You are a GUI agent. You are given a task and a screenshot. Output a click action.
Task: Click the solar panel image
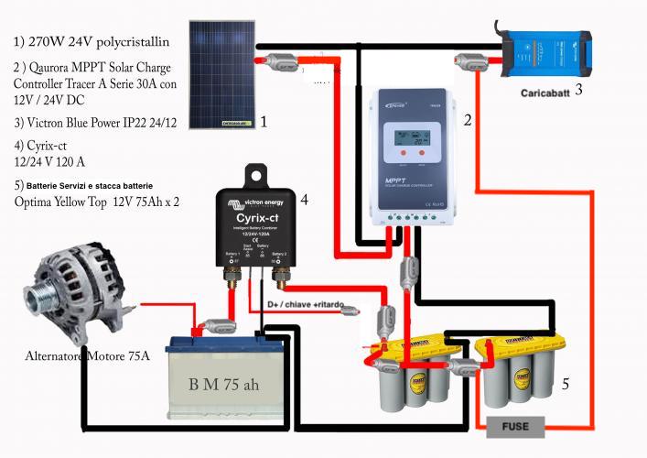(x=223, y=72)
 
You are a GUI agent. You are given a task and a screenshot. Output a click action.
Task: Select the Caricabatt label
(x=545, y=93)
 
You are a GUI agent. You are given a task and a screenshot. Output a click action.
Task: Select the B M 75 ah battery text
(x=223, y=384)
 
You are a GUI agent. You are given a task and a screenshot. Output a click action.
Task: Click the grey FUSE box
(x=515, y=426)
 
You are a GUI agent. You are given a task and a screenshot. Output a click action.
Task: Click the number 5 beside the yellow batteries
(x=565, y=386)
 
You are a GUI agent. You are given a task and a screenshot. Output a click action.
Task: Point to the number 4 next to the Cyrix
(x=304, y=198)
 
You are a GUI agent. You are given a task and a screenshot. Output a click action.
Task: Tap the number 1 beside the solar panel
(x=264, y=120)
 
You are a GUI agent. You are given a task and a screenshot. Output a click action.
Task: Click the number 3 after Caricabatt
(x=577, y=91)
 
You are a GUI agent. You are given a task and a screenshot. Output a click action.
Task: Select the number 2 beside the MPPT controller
(x=468, y=120)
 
